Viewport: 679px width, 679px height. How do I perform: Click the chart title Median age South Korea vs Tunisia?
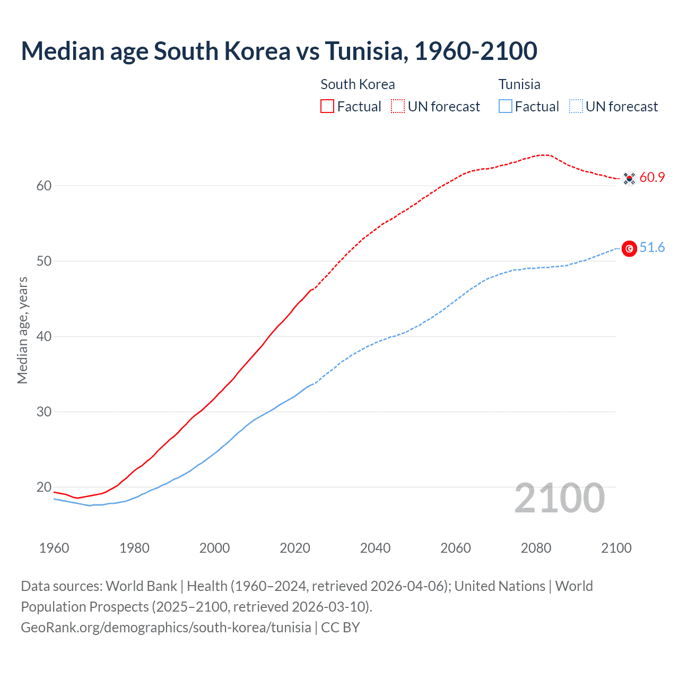(279, 51)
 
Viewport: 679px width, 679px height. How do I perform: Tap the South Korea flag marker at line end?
(629, 178)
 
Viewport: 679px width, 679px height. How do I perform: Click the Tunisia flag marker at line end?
(629, 248)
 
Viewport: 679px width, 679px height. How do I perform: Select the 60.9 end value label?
(652, 178)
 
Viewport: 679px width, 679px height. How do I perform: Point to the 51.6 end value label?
(652, 248)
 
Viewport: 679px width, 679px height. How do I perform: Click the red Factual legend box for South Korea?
(327, 107)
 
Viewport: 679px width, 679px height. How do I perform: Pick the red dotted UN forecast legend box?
(398, 107)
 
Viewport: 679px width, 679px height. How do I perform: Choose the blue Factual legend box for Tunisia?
(506, 107)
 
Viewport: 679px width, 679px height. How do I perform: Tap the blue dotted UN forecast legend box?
(576, 107)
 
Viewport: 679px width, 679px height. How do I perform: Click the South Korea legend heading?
(358, 84)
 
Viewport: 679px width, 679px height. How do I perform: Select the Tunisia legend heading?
(519, 84)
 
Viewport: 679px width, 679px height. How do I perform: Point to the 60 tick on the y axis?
(44, 186)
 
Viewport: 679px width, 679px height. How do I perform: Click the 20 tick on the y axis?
(44, 488)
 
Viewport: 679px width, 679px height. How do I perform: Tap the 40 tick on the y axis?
(44, 337)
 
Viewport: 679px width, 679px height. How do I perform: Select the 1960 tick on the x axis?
(54, 548)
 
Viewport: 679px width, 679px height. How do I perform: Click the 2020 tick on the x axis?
(295, 548)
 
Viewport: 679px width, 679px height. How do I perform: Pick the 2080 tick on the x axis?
(536, 548)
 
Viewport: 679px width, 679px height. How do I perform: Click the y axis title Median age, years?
(22, 330)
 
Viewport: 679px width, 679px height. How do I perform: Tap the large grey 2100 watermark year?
(560, 498)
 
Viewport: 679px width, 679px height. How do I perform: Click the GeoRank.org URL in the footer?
(166, 628)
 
